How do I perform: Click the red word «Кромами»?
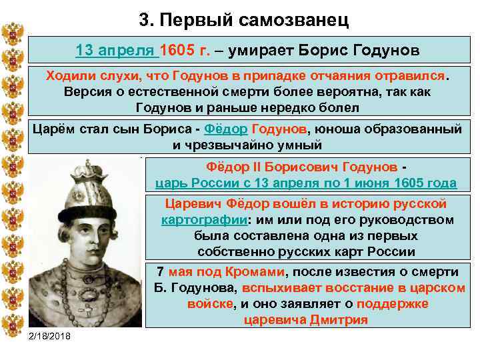click(x=257, y=272)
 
